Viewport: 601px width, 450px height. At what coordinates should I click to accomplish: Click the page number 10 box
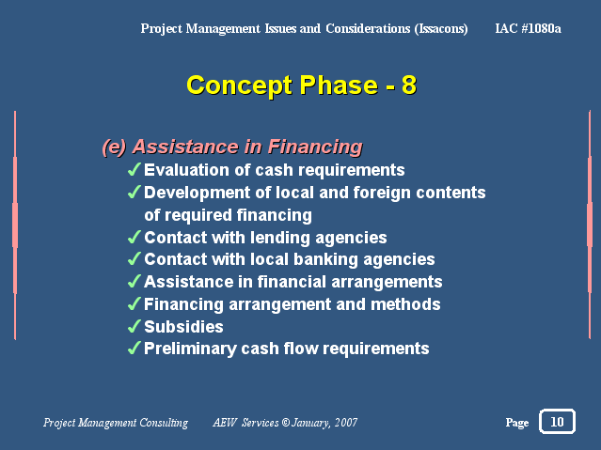557,421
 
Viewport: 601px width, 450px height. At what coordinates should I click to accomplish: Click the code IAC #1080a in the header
528,28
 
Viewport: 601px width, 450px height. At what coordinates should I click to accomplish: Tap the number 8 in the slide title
409,85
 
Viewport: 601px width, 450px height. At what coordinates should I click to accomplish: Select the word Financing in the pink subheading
315,147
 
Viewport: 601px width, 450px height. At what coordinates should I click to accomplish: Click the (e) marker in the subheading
114,147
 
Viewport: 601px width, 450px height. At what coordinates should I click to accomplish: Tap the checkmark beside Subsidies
134,326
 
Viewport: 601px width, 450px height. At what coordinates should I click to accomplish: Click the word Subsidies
183,327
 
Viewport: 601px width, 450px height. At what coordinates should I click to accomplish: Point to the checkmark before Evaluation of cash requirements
134,169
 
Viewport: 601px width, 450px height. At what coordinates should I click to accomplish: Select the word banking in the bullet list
329,260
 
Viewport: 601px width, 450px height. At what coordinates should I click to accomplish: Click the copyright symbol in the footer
286,423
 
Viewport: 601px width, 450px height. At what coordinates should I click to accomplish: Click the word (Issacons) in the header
441,29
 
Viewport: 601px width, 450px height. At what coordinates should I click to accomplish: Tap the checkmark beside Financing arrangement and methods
134,304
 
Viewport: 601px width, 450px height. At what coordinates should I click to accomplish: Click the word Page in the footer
517,423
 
